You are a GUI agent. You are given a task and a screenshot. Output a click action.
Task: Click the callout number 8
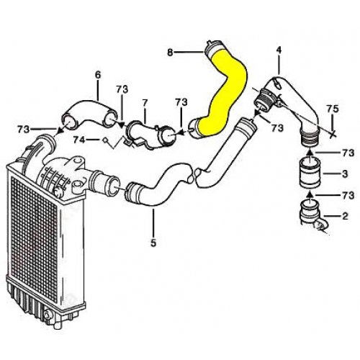click(170, 52)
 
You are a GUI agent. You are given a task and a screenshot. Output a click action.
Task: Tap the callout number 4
click(279, 50)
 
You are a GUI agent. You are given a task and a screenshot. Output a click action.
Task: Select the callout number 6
click(98, 75)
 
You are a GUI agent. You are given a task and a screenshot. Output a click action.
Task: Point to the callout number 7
click(145, 103)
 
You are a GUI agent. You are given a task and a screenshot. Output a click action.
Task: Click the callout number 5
click(153, 243)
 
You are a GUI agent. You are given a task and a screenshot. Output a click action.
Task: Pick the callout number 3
click(345, 174)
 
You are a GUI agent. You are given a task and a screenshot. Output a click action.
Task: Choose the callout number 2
click(345, 216)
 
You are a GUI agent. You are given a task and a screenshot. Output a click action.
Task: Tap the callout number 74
click(79, 140)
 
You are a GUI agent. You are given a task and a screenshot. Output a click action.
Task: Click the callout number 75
click(333, 109)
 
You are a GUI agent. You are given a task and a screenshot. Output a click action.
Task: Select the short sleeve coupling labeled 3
click(310, 173)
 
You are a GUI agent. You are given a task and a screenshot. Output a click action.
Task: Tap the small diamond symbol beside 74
click(106, 140)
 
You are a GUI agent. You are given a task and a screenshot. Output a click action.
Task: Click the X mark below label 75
click(333, 135)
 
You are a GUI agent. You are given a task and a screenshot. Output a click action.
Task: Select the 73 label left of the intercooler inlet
click(24, 130)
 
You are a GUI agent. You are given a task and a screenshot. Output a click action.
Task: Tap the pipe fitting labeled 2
click(312, 215)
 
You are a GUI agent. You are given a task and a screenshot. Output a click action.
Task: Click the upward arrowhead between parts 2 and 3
click(310, 193)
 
